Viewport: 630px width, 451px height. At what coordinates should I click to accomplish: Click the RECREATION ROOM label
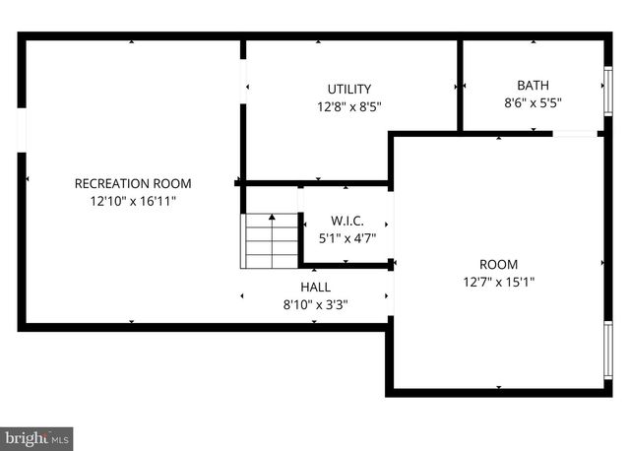(133, 183)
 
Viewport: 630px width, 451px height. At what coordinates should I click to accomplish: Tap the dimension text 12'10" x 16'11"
(133, 200)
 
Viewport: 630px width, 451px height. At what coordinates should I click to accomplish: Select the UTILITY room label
(349, 89)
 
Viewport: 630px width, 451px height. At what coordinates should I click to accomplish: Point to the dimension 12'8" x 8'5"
(349, 105)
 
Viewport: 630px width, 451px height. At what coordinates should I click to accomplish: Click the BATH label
(533, 85)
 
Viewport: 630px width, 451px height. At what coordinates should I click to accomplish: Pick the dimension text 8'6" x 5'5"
(533, 101)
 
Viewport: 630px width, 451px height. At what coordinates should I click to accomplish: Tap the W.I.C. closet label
(346, 221)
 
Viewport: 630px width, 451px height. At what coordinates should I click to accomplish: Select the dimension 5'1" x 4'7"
(346, 237)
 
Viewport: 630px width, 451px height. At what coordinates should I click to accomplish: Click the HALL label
(315, 288)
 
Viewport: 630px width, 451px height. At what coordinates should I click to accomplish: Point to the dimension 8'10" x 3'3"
(315, 304)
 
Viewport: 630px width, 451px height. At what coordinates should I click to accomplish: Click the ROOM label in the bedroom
(498, 264)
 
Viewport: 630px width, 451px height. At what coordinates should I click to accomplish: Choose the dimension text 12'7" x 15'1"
(498, 281)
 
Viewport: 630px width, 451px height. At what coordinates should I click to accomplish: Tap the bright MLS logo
(37, 435)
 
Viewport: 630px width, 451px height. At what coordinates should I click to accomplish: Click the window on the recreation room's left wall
(22, 130)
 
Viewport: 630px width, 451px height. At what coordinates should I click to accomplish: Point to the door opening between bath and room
(576, 133)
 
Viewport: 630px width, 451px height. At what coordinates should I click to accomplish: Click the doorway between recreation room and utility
(242, 81)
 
